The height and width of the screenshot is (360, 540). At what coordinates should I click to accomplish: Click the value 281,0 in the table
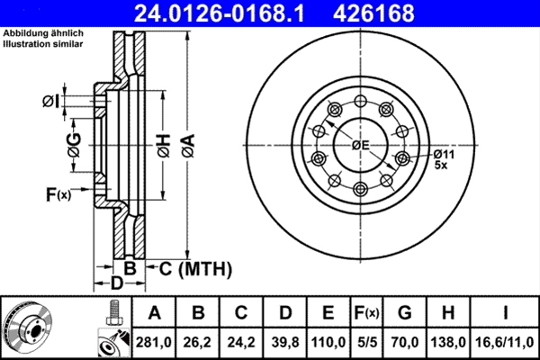tap(154, 341)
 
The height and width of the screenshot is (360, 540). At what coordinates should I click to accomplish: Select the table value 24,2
tap(240, 341)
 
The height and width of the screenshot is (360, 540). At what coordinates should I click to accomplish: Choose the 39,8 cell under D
tap(284, 341)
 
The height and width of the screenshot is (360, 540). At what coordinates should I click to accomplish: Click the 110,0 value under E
tap(328, 341)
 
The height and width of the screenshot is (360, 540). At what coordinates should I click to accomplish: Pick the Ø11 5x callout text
tap(443, 159)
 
